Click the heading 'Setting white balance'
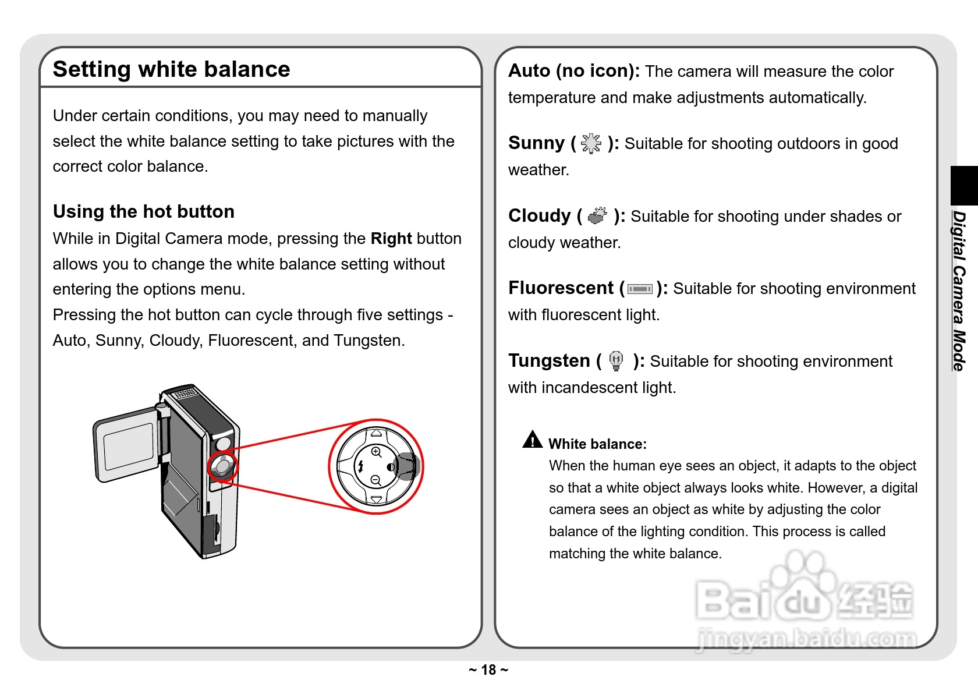click(171, 69)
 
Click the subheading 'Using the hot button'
click(143, 211)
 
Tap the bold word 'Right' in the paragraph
click(391, 239)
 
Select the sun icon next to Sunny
click(591, 143)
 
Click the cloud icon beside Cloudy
click(597, 216)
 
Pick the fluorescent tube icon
click(640, 289)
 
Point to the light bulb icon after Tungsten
click(616, 361)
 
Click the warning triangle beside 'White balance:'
click(532, 440)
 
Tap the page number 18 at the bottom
click(488, 670)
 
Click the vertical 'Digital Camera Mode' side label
click(959, 291)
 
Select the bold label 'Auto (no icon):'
click(573, 71)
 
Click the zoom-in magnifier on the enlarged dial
click(376, 452)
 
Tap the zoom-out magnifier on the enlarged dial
click(376, 480)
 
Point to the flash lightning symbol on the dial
click(361, 466)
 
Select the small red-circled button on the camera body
click(222, 466)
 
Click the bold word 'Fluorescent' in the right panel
click(561, 288)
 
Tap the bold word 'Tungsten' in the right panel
click(549, 361)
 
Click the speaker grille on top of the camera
click(185, 394)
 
